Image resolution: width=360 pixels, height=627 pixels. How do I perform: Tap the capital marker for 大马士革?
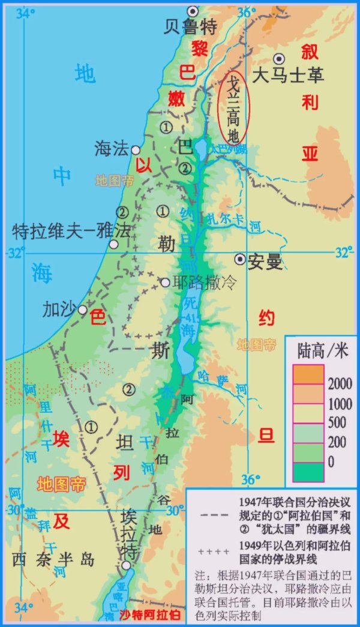point(278,58)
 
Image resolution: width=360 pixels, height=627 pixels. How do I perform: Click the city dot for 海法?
point(136,150)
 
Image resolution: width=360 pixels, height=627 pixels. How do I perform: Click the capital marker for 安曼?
point(241,259)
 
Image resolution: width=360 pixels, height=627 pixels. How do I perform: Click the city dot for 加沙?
point(83,310)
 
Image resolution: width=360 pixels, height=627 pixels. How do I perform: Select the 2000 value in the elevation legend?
point(340,383)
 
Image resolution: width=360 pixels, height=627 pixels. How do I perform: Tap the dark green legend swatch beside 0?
point(308,472)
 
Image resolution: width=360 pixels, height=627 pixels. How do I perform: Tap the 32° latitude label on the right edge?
point(343,253)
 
